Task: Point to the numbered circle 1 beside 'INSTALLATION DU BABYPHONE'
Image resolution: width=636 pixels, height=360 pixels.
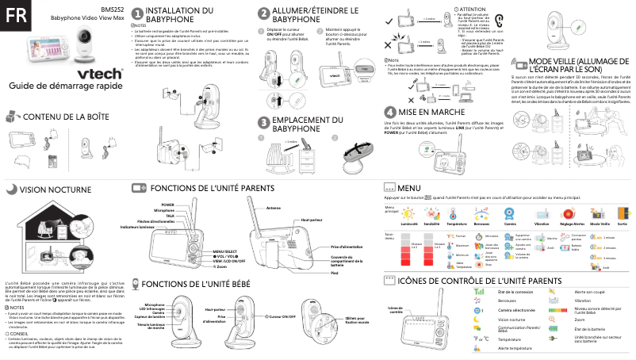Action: [138, 13]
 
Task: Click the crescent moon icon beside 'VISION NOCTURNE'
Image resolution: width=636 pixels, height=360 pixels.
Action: [10, 190]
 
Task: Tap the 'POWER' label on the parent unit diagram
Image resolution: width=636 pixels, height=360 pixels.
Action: [167, 205]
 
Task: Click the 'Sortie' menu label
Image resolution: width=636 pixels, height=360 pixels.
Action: [621, 225]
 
